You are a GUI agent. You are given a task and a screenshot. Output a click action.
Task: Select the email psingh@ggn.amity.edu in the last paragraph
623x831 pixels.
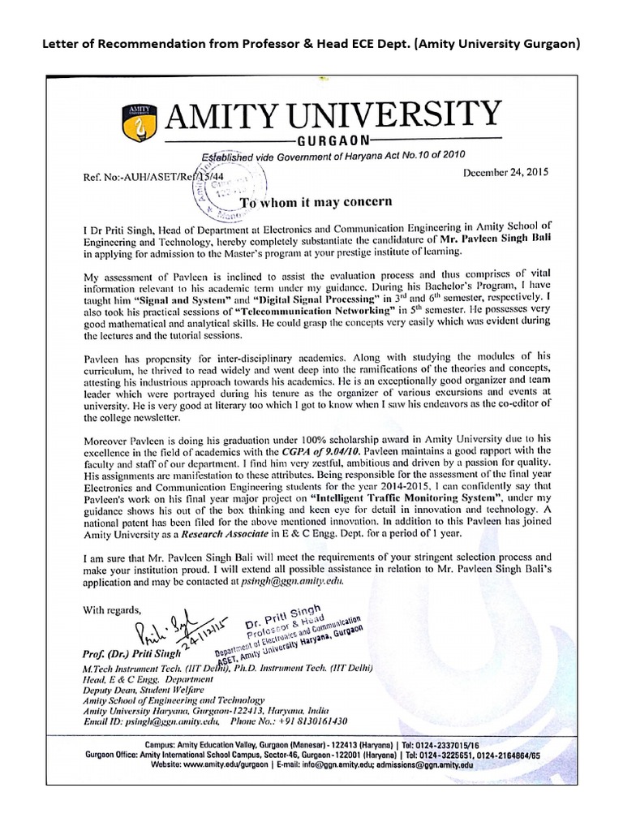[x=289, y=582]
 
